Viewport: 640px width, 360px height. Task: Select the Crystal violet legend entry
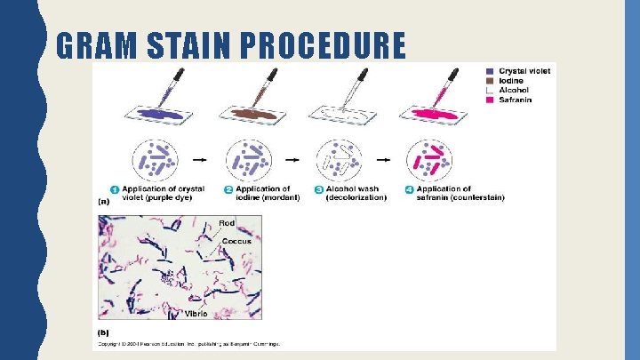(524, 70)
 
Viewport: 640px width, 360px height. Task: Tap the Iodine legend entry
(511, 80)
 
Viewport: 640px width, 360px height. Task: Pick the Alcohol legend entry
(513, 90)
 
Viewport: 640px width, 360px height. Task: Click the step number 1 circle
(115, 189)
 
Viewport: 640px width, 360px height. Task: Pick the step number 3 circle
(318, 189)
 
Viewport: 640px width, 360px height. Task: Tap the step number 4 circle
(409, 189)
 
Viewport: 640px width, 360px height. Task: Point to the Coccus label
(236, 241)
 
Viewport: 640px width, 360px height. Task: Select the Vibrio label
(196, 314)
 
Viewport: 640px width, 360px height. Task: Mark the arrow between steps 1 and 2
(200, 160)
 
